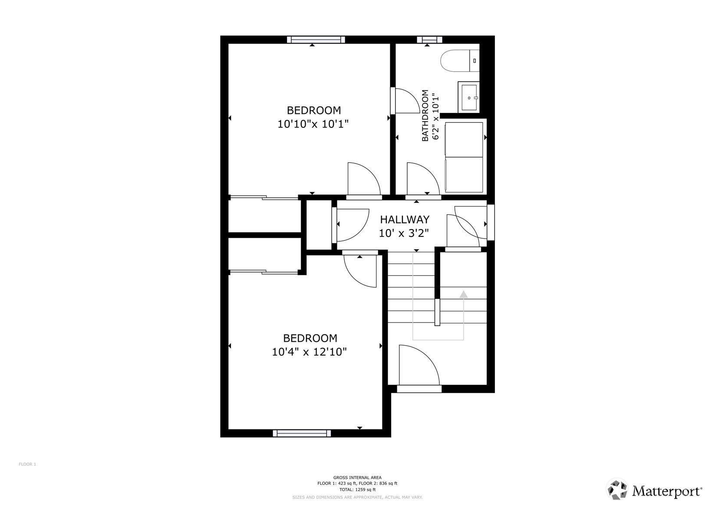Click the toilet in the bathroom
pyautogui.click(x=460, y=60)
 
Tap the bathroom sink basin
pyautogui.click(x=468, y=97)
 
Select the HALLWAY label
pyautogui.click(x=405, y=219)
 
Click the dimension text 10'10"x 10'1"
pyautogui.click(x=313, y=124)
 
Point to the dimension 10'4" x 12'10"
pyautogui.click(x=309, y=352)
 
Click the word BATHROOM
pyautogui.click(x=425, y=115)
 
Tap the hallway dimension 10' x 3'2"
pyautogui.click(x=403, y=233)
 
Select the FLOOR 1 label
pyautogui.click(x=27, y=464)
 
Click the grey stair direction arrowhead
pyautogui.click(x=464, y=294)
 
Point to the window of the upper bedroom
pyautogui.click(x=316, y=40)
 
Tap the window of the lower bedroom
pyautogui.click(x=302, y=433)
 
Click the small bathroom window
pyautogui.click(x=429, y=40)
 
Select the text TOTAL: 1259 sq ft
pyautogui.click(x=357, y=489)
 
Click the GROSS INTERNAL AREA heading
pyautogui.click(x=357, y=478)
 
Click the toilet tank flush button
pyautogui.click(x=474, y=60)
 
